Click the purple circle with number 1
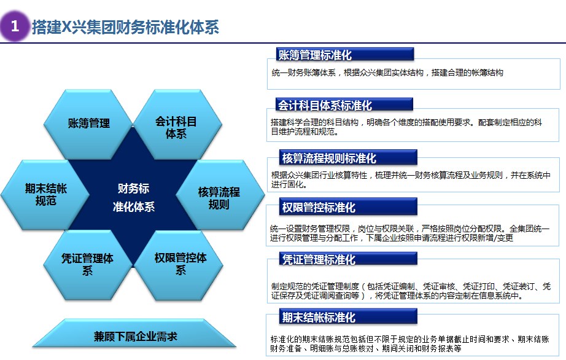tap(15, 26)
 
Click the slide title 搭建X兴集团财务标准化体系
tap(125, 27)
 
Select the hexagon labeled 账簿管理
tap(88, 124)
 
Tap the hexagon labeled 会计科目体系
tap(177, 124)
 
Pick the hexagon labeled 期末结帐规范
tap(45, 195)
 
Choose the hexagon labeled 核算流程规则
tap(220, 195)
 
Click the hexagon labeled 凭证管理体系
tap(88, 265)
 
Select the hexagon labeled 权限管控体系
tap(179, 265)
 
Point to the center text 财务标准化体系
tap(134, 198)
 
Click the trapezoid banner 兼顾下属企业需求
tap(134, 333)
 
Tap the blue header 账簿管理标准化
tap(345, 55)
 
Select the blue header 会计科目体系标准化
tap(344, 104)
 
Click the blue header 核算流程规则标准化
tap(348, 157)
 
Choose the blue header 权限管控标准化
tap(348, 206)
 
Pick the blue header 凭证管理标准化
tap(348, 259)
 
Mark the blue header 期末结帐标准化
tap(348, 316)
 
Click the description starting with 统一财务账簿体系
tap(387, 72)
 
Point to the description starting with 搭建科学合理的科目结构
tap(406, 127)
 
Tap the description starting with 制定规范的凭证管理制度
tap(411, 291)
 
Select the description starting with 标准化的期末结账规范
tap(409, 344)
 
